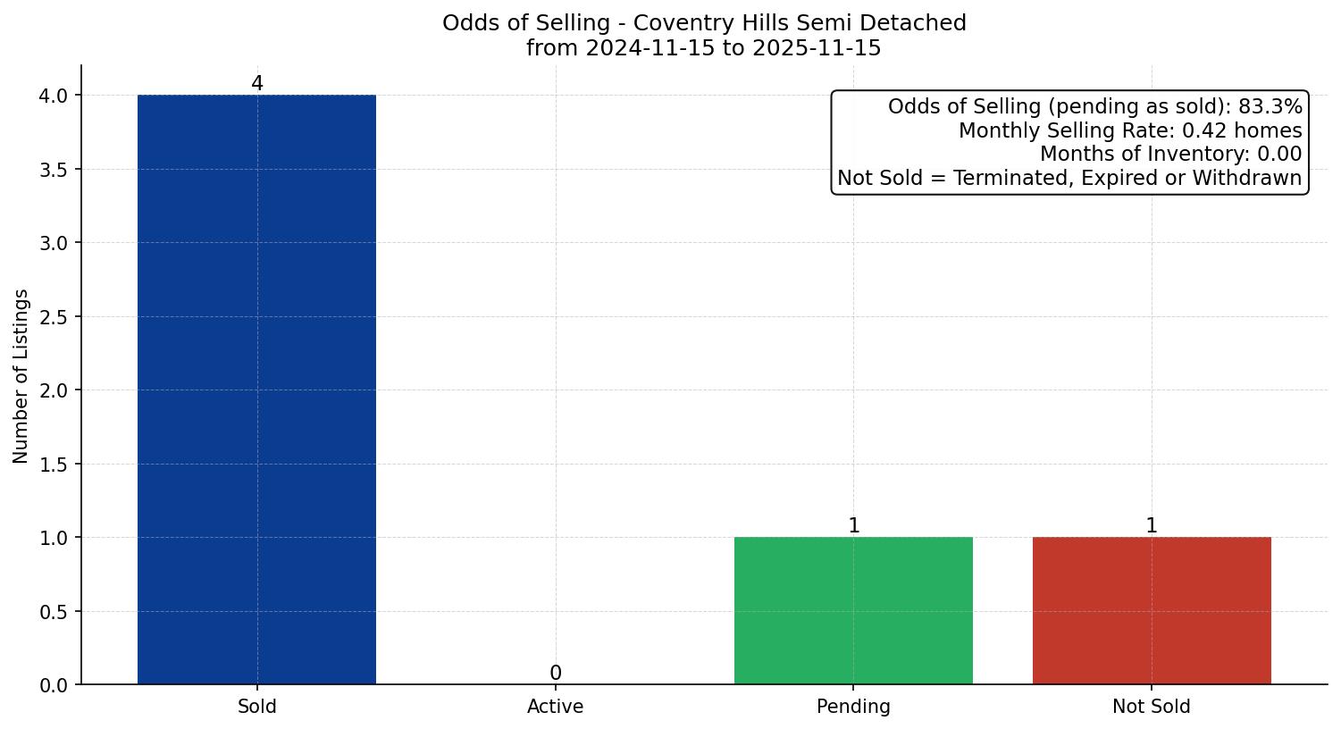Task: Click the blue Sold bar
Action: (x=256, y=390)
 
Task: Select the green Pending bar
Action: (x=853, y=610)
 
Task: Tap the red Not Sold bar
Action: (x=1151, y=610)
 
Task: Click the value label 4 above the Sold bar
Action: (x=257, y=84)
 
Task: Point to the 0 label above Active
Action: (x=556, y=674)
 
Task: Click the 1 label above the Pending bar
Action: (x=854, y=526)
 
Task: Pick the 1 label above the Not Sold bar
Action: (x=1152, y=526)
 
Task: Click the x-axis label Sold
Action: (x=257, y=707)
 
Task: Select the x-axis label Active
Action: (x=556, y=707)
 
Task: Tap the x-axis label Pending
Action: (x=853, y=707)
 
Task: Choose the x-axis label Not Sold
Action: (x=1151, y=707)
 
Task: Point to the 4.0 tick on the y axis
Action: (x=54, y=96)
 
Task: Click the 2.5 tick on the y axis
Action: (x=54, y=317)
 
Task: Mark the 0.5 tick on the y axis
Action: (x=54, y=612)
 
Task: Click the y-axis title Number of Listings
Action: (x=21, y=376)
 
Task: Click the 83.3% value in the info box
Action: (x=1270, y=107)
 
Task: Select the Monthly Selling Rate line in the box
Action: (x=1130, y=131)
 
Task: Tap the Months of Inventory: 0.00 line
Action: (x=1170, y=155)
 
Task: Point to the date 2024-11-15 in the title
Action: (x=650, y=48)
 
